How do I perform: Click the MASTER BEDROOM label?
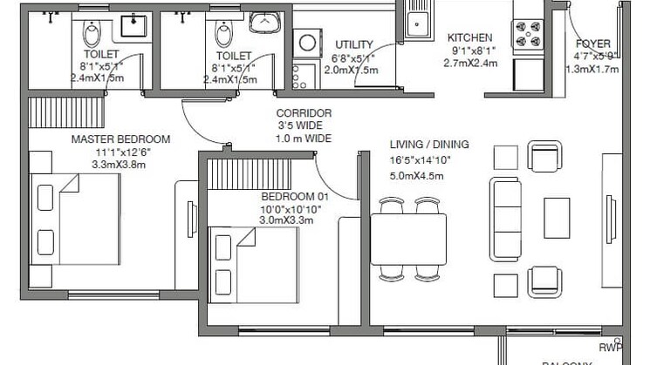(x=120, y=139)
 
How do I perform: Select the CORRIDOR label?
(x=303, y=113)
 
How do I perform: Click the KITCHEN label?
(x=470, y=38)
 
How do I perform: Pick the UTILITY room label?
(x=354, y=45)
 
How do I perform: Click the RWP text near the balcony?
(x=610, y=348)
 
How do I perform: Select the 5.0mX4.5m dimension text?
(x=418, y=175)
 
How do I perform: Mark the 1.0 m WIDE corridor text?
(x=303, y=139)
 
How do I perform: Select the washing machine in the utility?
(x=308, y=41)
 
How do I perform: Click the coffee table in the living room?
(x=557, y=218)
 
